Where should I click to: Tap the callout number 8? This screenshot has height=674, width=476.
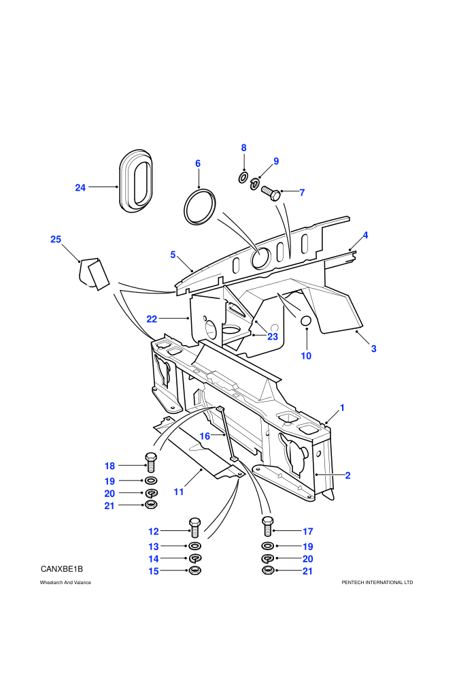(243, 148)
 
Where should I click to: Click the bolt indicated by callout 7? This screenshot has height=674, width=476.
(270, 192)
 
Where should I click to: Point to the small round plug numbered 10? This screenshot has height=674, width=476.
(305, 321)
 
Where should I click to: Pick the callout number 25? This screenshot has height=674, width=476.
(56, 240)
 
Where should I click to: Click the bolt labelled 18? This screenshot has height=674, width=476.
(151, 462)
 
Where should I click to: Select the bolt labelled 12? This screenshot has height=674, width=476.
(194, 528)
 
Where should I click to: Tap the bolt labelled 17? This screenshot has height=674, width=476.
(267, 526)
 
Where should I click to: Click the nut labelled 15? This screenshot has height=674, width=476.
(195, 571)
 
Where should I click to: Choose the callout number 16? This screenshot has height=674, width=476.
(205, 436)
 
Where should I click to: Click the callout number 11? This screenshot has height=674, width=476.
(179, 492)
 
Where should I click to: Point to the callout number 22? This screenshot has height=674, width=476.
(152, 319)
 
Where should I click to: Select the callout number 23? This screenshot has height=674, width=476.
(273, 336)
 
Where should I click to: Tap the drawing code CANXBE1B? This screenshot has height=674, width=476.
(62, 569)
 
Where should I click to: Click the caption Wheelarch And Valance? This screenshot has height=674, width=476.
(65, 583)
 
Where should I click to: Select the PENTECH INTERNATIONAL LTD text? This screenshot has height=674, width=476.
(377, 583)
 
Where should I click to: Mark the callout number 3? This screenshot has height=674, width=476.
(373, 349)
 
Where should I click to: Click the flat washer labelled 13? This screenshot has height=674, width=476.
(195, 546)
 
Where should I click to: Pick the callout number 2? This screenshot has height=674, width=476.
(347, 475)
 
